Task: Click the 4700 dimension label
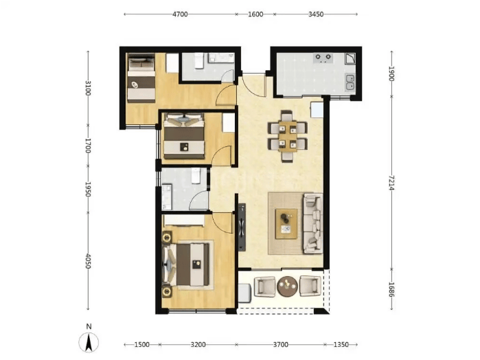coord(180,14)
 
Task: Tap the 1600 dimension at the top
coord(255,14)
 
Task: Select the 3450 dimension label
coord(316,14)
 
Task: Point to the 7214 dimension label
coord(391,183)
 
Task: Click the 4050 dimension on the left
coord(88,261)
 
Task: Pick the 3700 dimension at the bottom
coord(280,345)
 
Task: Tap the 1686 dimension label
coord(391,289)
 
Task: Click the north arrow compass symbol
coord(89,342)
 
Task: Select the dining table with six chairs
coord(288,136)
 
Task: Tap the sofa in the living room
coord(313,223)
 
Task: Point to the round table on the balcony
coord(287,286)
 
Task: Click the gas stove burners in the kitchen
coord(323,58)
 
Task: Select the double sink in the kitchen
coord(350,82)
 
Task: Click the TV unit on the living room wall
coord(242,227)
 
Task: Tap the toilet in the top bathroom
coord(199,60)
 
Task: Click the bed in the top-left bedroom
coord(141,78)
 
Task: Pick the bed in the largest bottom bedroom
coord(187,265)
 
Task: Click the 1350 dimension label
coord(341,345)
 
